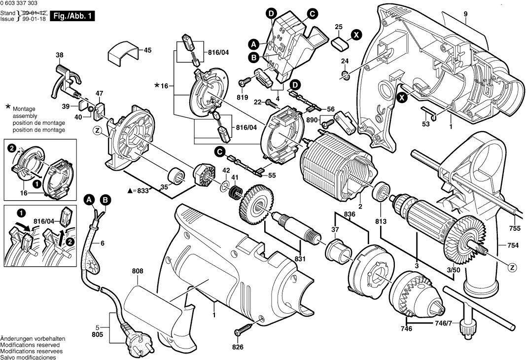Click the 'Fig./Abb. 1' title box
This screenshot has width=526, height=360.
(x=72, y=16)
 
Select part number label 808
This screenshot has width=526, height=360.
(x=138, y=271)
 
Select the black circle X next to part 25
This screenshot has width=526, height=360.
(x=356, y=35)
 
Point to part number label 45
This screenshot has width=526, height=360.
(x=147, y=50)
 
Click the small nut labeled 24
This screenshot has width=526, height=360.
(x=346, y=75)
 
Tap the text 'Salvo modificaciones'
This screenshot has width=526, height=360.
(x=28, y=357)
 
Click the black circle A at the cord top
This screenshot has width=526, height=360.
(x=89, y=200)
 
